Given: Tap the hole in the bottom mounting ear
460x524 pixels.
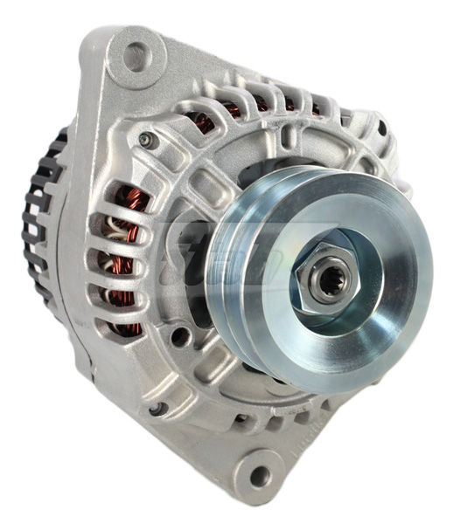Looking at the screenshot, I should coord(259,476).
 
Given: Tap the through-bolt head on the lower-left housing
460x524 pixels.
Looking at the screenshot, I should coord(155,409).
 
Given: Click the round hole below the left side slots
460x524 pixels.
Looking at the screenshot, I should coord(178,336).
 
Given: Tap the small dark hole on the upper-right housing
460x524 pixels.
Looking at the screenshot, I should coord(381,129).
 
